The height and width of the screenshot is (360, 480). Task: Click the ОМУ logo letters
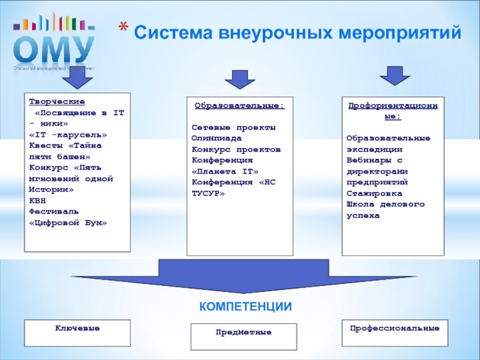pyautogui.click(x=55, y=49)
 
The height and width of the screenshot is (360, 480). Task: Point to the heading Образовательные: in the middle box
pyautogui.click(x=239, y=106)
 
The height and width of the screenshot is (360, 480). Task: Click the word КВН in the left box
pyautogui.click(x=37, y=200)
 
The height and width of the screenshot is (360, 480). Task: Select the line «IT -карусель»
pyautogui.click(x=68, y=134)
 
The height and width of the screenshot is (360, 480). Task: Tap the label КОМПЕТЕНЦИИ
pyautogui.click(x=245, y=307)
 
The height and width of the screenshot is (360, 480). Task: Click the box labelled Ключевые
pyautogui.click(x=77, y=333)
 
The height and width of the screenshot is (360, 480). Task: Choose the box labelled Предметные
pyautogui.click(x=244, y=337)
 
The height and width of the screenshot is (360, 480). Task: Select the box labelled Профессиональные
pyautogui.click(x=394, y=334)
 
